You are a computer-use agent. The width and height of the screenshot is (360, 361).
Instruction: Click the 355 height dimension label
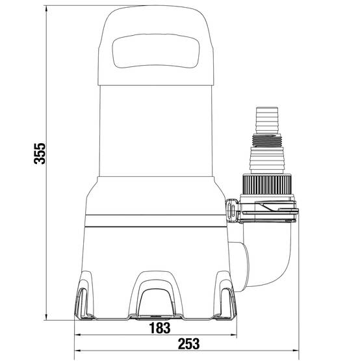[x=40, y=154]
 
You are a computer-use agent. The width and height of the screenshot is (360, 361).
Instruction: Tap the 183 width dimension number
[x=160, y=328]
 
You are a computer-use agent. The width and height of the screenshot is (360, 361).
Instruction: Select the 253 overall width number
[x=188, y=343]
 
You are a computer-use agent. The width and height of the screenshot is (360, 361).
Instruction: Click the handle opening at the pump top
[x=155, y=51]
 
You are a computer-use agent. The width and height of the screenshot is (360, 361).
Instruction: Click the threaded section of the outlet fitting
[x=267, y=140]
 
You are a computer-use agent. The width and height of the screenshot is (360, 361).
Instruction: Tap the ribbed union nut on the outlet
[x=267, y=185]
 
